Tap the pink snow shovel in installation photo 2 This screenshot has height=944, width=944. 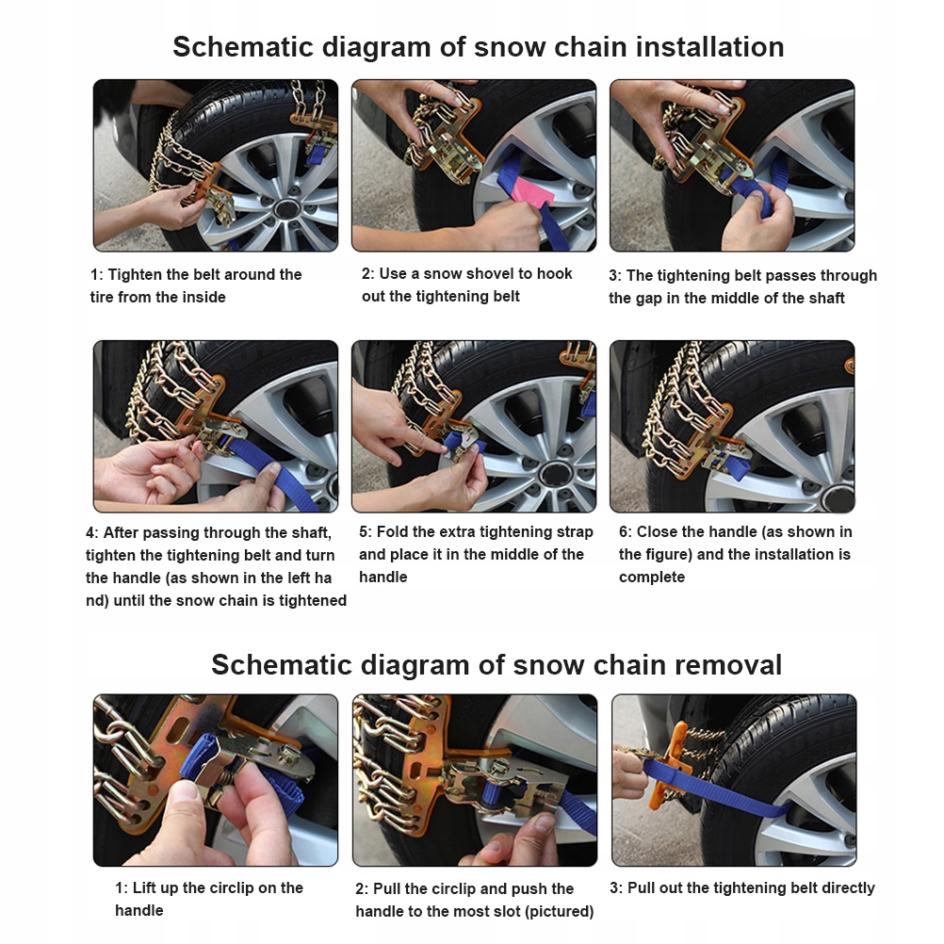pyautogui.click(x=532, y=187)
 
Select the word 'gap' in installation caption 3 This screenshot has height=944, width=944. pyautogui.click(x=649, y=300)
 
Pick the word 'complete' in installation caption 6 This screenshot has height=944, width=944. pyautogui.click(x=652, y=577)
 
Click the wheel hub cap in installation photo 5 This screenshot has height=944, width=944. pyautogui.click(x=555, y=475)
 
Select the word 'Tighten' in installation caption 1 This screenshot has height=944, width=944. pyautogui.click(x=134, y=274)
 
